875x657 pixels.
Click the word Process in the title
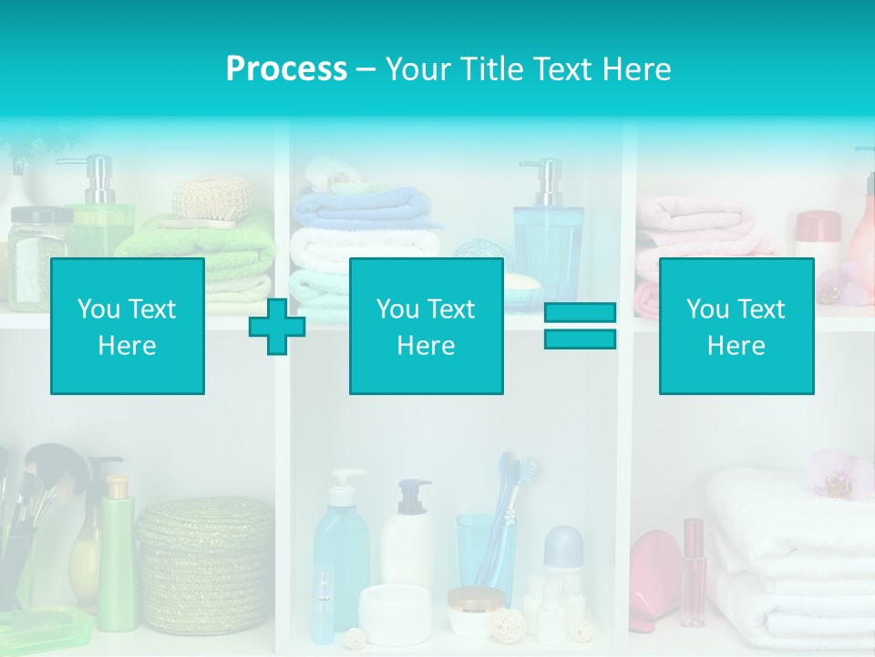(x=286, y=69)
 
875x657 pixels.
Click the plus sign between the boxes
(x=277, y=327)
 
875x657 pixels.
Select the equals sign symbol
(x=580, y=326)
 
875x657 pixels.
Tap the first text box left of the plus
(x=128, y=327)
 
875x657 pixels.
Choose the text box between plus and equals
(x=426, y=327)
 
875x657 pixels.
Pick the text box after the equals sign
(x=736, y=327)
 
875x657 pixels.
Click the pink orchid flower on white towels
(x=841, y=473)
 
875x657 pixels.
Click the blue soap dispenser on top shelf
(x=547, y=233)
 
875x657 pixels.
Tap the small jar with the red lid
(x=818, y=232)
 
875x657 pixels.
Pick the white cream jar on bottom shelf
(x=395, y=613)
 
